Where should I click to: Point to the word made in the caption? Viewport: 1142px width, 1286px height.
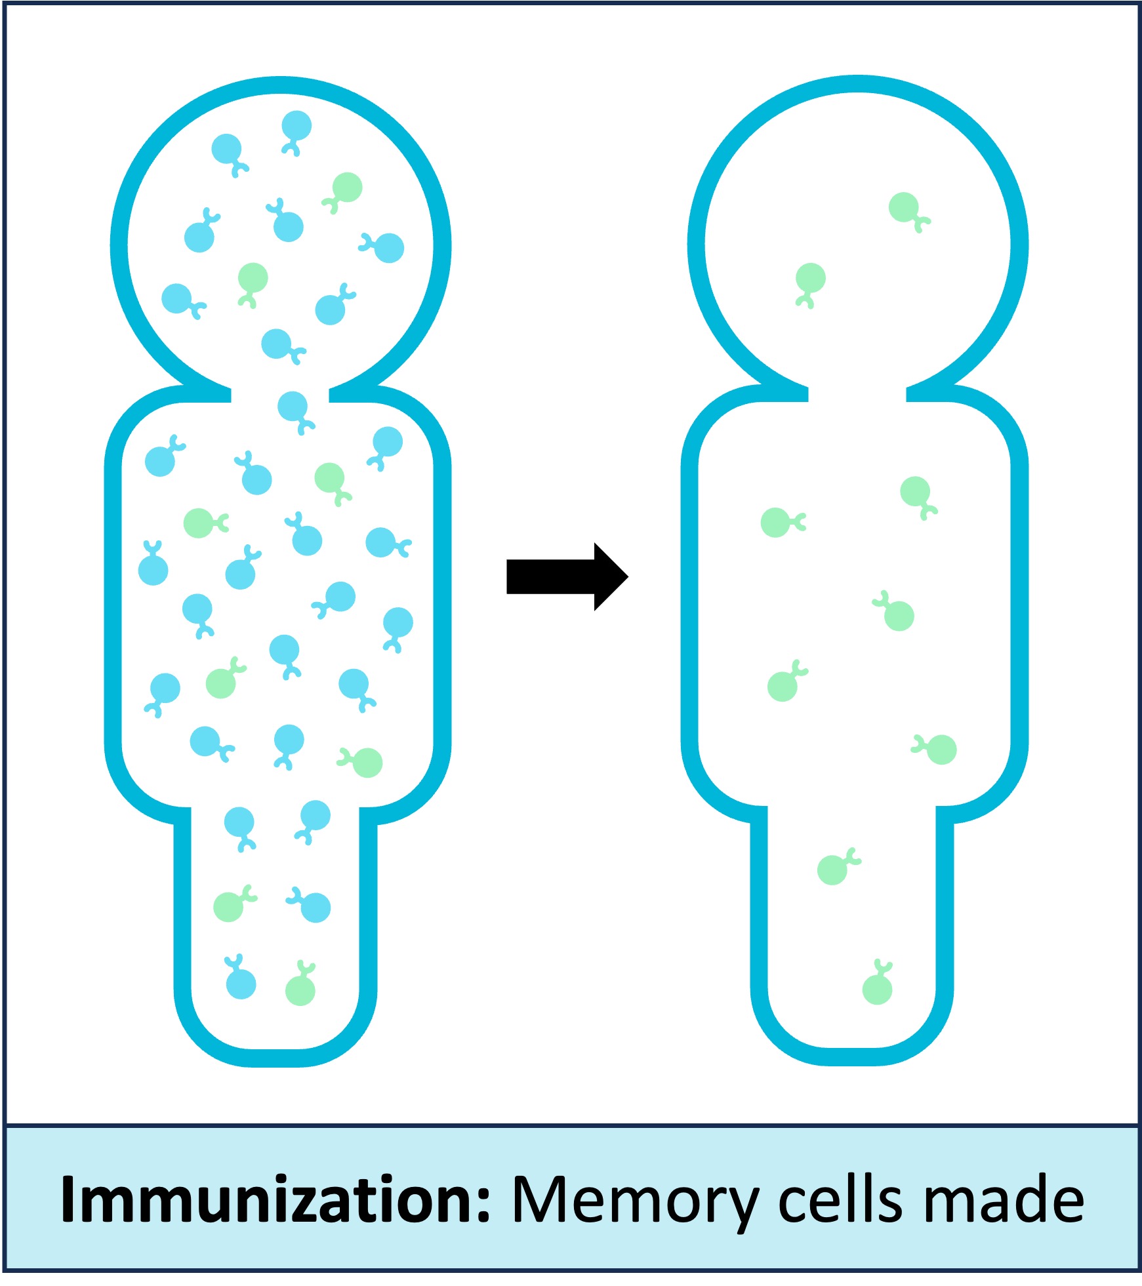pyautogui.click(x=1004, y=1199)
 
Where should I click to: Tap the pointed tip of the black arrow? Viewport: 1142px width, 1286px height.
pyautogui.click(x=626, y=576)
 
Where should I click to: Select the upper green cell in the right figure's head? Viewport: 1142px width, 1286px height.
pyautogui.click(x=904, y=207)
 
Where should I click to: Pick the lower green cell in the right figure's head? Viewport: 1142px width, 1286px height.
pyautogui.click(x=811, y=278)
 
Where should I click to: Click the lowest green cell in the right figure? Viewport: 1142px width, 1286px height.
pyautogui.click(x=877, y=990)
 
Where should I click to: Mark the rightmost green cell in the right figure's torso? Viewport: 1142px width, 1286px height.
pyautogui.click(x=942, y=750)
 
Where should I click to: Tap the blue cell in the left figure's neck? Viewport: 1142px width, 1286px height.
pyautogui.click(x=293, y=407)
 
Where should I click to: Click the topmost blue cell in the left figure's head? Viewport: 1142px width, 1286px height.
pyautogui.click(x=296, y=126)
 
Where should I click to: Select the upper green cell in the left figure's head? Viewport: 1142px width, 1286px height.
pyautogui.click(x=347, y=188)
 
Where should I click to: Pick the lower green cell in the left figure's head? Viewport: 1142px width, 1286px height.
pyautogui.click(x=253, y=278)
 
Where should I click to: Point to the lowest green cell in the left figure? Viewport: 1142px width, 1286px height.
pyautogui.click(x=300, y=991)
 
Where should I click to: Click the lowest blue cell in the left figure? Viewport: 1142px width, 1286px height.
pyautogui.click(x=241, y=984)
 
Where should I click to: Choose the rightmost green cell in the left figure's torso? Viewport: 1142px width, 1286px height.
pyautogui.click(x=367, y=763)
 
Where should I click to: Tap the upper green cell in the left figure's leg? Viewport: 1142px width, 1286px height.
pyautogui.click(x=229, y=907)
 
